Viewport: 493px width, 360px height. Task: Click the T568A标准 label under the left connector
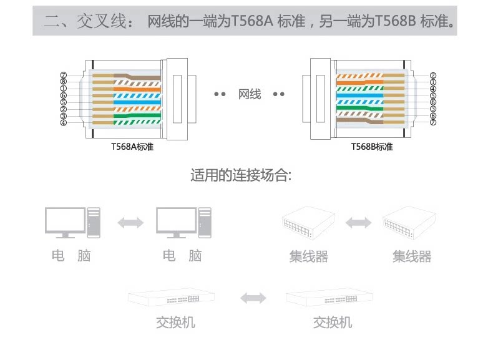tap(132, 147)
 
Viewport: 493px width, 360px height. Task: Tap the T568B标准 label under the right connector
tap(372, 147)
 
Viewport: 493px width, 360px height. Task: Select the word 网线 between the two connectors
tap(250, 94)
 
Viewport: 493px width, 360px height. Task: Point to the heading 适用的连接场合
tap(241, 175)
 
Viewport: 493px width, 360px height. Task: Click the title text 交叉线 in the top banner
tap(101, 21)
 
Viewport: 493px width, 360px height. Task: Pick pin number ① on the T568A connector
tap(64, 89)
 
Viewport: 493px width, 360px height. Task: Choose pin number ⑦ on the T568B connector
tap(433, 122)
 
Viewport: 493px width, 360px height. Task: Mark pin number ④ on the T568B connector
tap(433, 89)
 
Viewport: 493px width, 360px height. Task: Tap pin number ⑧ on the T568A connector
tap(64, 82)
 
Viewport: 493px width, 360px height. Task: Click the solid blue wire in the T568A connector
tap(137, 102)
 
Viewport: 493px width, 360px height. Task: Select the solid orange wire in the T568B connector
tap(360, 82)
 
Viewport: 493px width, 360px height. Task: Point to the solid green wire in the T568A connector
tap(137, 115)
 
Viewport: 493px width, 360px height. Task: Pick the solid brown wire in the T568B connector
tap(360, 121)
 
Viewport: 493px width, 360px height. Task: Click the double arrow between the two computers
tap(130, 223)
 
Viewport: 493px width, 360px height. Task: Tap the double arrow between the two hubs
tap(358, 223)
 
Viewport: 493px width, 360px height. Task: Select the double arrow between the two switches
tap(253, 298)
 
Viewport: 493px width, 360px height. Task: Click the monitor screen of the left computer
tap(65, 220)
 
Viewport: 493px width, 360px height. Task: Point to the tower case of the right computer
tap(205, 223)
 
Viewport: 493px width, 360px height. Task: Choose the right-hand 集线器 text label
tap(412, 256)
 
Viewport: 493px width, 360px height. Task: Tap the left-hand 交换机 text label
tap(175, 323)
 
